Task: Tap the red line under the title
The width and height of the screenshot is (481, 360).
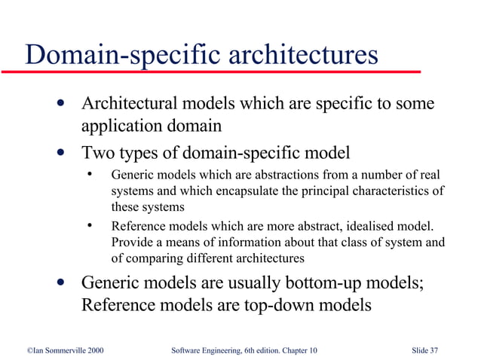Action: coord(211,72)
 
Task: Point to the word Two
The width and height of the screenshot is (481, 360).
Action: coord(99,153)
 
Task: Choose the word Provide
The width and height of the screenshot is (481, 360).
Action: coord(132,243)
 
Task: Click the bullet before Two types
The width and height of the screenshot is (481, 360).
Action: coord(60,154)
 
